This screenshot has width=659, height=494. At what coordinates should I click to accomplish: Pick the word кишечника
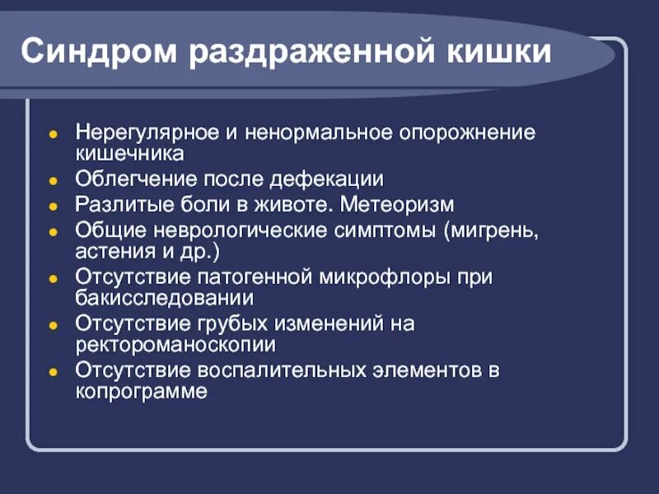pyautogui.click(x=129, y=153)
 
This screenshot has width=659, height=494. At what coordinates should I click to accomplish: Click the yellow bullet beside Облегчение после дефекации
pyautogui.click(x=52, y=179)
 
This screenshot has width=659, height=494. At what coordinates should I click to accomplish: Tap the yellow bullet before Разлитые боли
pyautogui.click(x=52, y=204)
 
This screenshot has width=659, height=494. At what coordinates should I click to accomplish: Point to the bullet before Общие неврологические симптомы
pyautogui.click(x=52, y=229)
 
